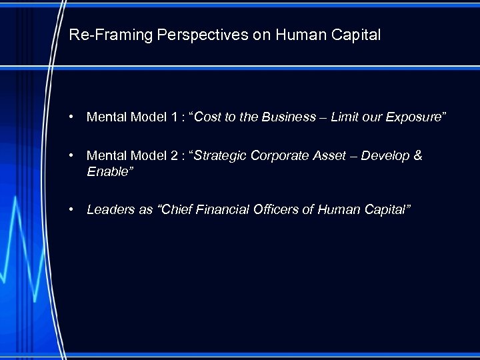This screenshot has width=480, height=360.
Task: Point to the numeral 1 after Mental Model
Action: (x=173, y=117)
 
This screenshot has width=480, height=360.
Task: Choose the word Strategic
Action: (x=219, y=156)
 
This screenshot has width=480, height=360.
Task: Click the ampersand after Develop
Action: (x=418, y=156)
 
